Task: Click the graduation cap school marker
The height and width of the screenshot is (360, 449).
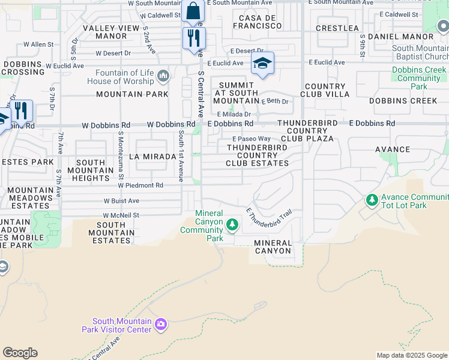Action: (x=262, y=63)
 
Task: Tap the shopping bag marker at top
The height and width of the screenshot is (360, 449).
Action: (x=193, y=11)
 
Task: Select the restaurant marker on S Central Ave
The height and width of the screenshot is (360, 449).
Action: (x=194, y=39)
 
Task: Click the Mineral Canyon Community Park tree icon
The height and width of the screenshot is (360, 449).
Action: (x=232, y=226)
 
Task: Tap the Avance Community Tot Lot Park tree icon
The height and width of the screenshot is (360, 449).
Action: (x=372, y=199)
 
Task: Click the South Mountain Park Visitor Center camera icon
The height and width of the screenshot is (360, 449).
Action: (x=160, y=325)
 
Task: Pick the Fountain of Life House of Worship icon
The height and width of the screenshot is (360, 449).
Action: (x=163, y=76)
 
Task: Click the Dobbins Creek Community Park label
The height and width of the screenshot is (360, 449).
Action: (x=419, y=78)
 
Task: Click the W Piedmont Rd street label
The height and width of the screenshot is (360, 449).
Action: (x=140, y=185)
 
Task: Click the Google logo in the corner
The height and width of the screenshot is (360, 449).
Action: (x=20, y=353)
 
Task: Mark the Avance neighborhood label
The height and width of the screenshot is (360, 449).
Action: (x=392, y=149)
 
